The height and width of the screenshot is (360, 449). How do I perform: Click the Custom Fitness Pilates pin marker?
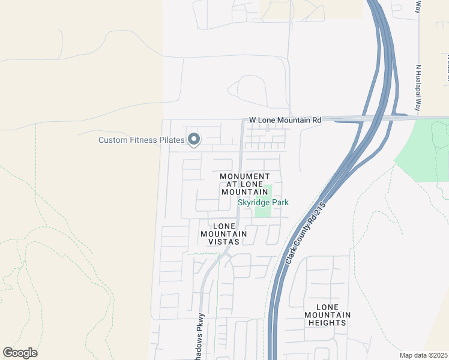[193, 140]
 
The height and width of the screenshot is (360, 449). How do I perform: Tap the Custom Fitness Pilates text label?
[142, 140]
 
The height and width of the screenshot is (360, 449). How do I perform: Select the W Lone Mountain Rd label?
[285, 120]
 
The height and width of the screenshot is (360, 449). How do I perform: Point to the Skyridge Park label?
[263, 202]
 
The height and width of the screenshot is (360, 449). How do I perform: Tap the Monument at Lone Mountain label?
[244, 184]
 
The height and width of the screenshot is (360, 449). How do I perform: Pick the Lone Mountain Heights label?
[327, 315]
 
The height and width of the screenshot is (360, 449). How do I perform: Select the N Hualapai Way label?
[419, 89]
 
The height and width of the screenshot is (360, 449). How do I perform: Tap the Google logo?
[20, 352]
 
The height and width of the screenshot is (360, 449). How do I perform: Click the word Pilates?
[172, 140]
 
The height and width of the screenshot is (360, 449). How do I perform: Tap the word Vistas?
[224, 241]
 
